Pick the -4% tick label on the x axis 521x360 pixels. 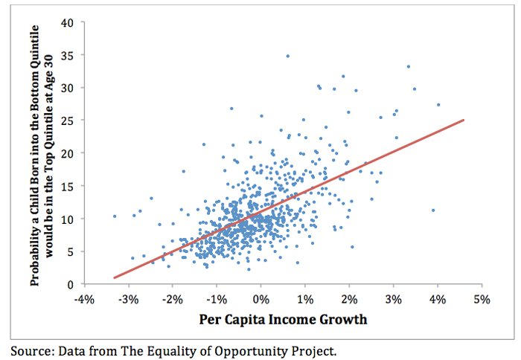pyautogui.click(x=84, y=299)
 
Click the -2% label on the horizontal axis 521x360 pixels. pyautogui.click(x=173, y=299)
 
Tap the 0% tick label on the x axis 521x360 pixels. pyautogui.click(x=261, y=299)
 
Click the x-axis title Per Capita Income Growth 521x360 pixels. pyautogui.click(x=283, y=321)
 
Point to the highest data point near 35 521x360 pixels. pyautogui.click(x=287, y=56)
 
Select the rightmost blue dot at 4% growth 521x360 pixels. pyautogui.click(x=438, y=105)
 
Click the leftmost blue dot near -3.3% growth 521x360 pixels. pyautogui.click(x=114, y=216)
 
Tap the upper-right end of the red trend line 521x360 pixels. pyautogui.click(x=464, y=120)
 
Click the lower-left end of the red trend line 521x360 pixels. pyautogui.click(x=114, y=277)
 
